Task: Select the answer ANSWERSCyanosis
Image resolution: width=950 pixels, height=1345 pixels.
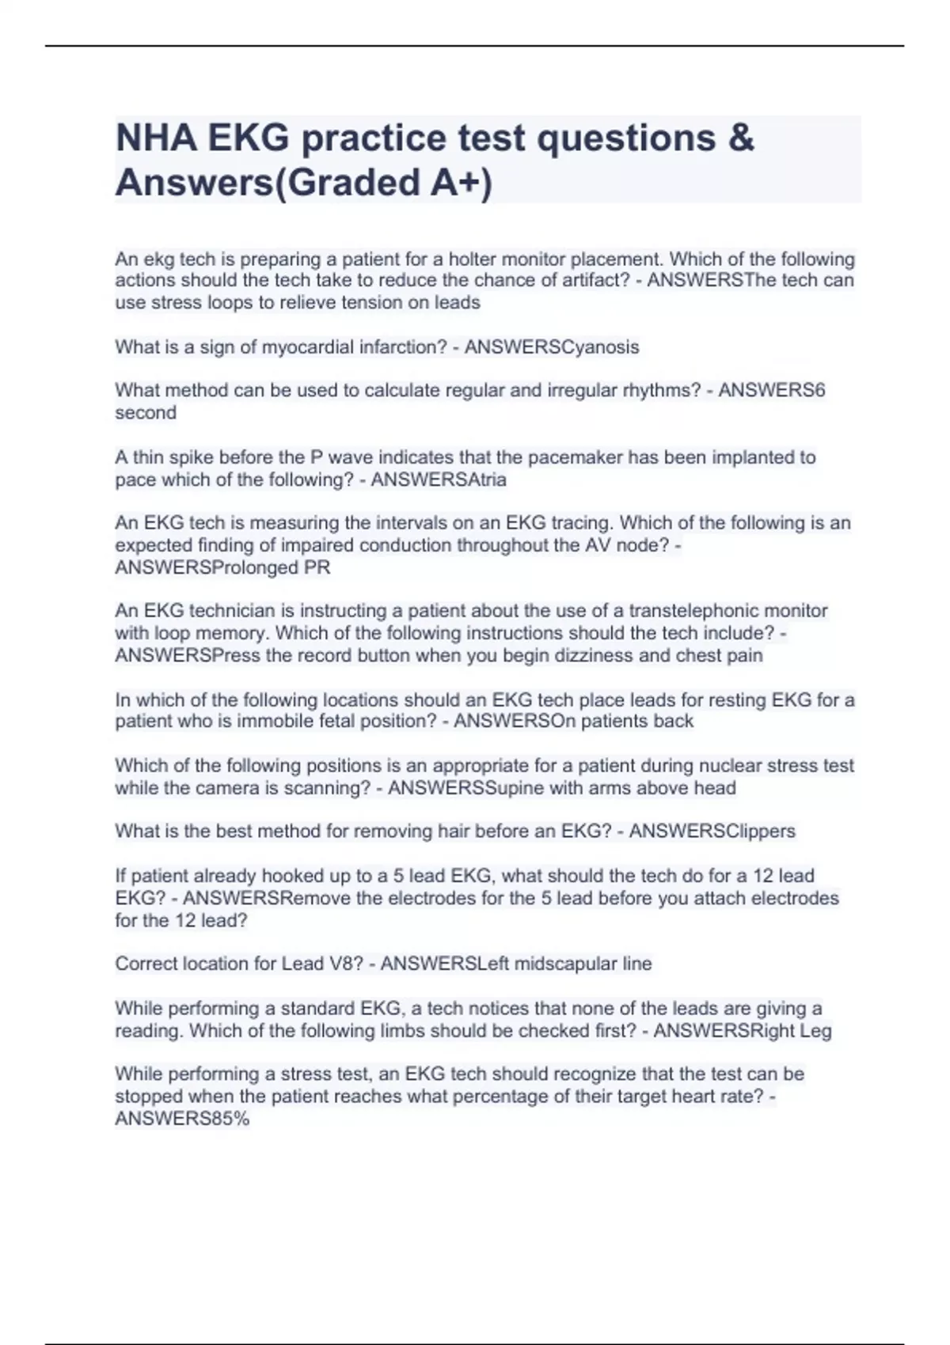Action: (552, 347)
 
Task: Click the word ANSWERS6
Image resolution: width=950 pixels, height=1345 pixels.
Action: (772, 390)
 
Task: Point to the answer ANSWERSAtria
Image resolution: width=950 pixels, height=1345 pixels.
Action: (439, 479)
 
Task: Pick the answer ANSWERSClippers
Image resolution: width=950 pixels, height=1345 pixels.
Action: (712, 831)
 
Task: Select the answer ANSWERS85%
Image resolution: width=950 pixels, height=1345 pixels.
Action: (182, 1119)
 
